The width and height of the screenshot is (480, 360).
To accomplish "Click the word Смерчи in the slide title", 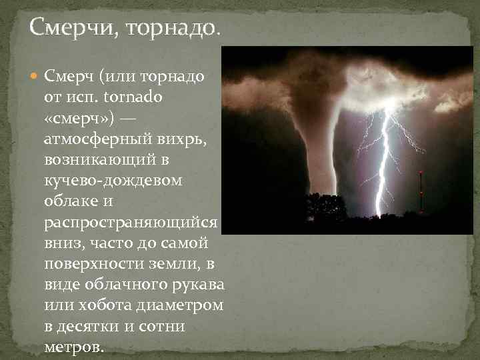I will [69, 29].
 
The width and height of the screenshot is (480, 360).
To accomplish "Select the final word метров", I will [73, 347].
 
